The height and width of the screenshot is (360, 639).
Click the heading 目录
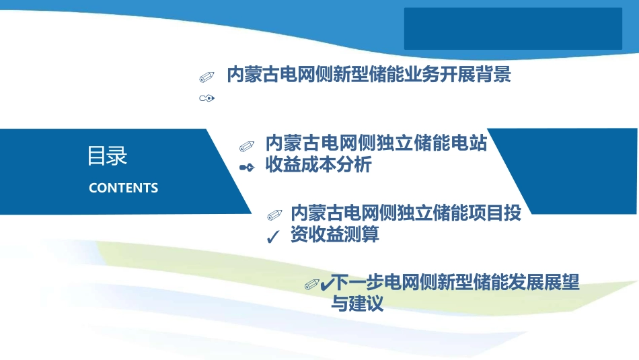107,155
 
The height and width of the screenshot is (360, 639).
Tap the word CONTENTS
124,188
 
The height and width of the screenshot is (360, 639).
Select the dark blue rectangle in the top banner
513,28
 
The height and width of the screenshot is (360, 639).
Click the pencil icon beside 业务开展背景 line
206,77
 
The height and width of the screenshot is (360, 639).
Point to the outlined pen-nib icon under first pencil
206,98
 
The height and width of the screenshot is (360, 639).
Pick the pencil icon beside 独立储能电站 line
247,146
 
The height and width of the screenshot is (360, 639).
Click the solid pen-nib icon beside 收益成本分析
247,167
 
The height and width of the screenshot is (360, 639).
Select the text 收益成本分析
318,165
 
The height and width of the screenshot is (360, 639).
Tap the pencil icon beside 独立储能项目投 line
274,215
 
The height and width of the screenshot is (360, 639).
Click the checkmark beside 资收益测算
273,236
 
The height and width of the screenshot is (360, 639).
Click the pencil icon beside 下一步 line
311,284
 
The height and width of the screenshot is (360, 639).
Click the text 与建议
357,303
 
